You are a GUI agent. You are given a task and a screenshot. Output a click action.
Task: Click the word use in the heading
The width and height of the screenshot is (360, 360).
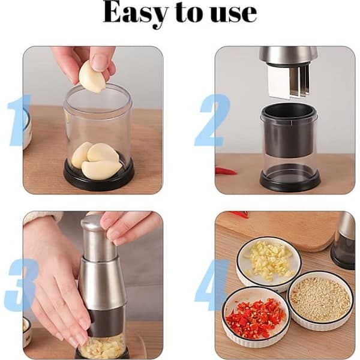coord(233,14)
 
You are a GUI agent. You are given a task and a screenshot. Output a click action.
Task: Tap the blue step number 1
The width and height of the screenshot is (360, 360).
coord(19,120)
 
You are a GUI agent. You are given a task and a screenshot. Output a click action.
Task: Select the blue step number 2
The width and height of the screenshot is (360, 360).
coord(212,120)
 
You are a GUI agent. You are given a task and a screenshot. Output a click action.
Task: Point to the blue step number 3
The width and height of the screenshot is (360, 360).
coord(20,284)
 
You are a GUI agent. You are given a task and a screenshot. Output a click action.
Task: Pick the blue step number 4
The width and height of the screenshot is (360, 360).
coord(212,284)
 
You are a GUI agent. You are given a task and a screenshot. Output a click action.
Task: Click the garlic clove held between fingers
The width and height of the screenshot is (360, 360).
coord(91,77)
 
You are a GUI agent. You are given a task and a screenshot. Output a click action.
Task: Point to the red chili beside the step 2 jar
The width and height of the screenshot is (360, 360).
coord(226,171)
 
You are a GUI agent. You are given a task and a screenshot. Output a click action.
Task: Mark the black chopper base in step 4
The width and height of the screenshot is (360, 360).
coord(343,256)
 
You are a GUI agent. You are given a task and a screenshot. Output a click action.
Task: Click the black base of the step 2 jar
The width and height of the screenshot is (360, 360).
coord(290,179)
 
